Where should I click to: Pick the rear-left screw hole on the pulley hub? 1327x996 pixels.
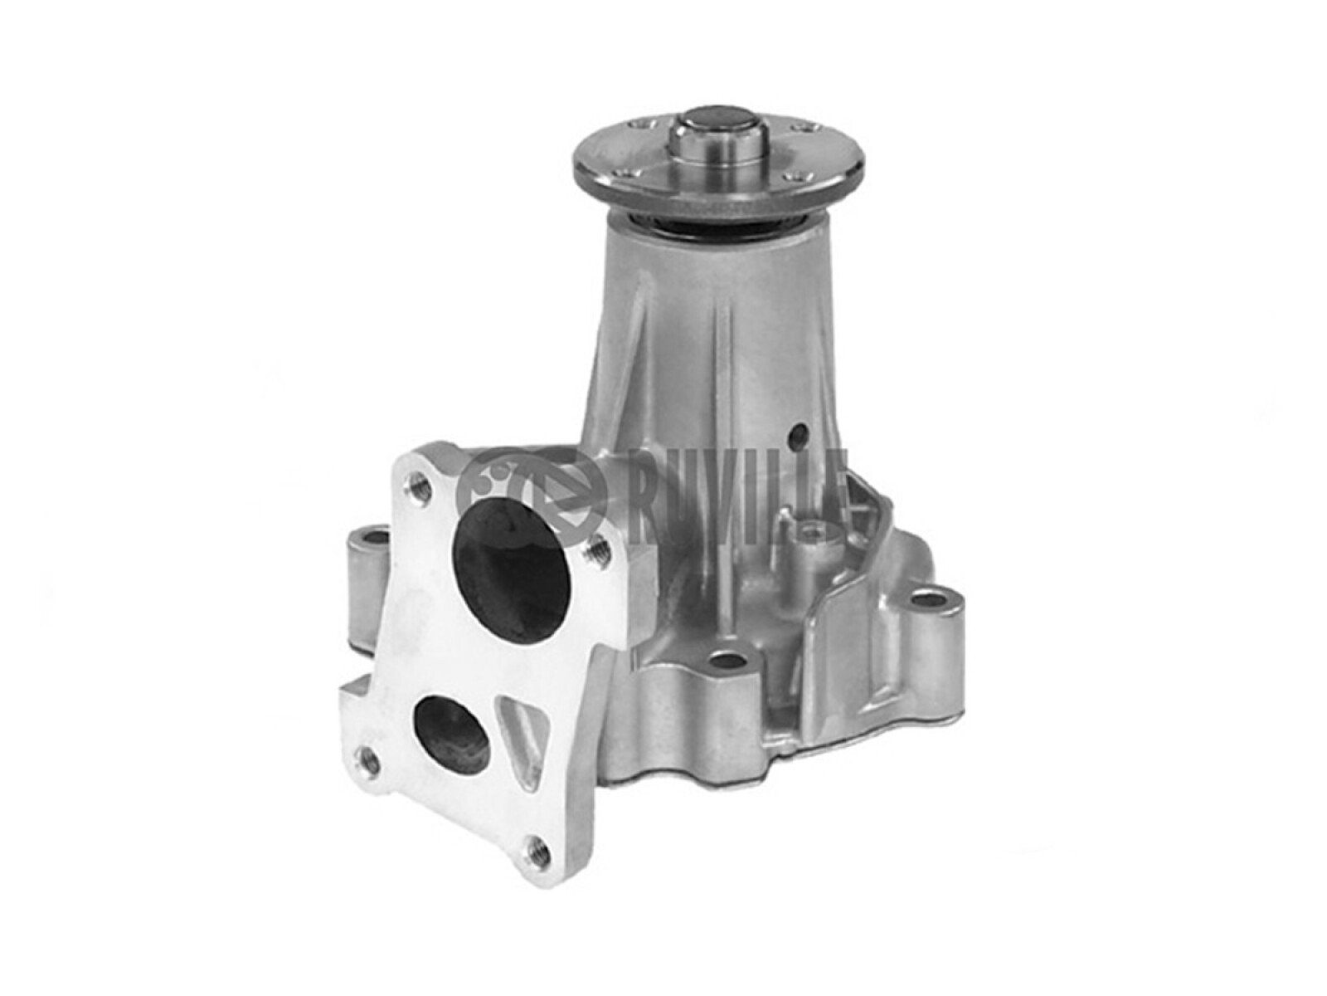click(x=636, y=125)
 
